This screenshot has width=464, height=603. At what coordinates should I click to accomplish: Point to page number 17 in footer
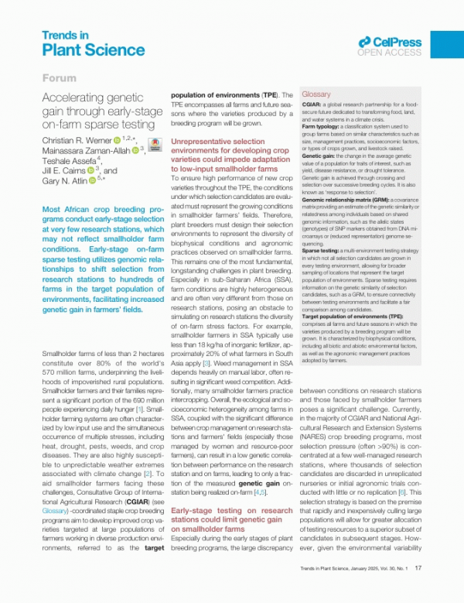[418, 589]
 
